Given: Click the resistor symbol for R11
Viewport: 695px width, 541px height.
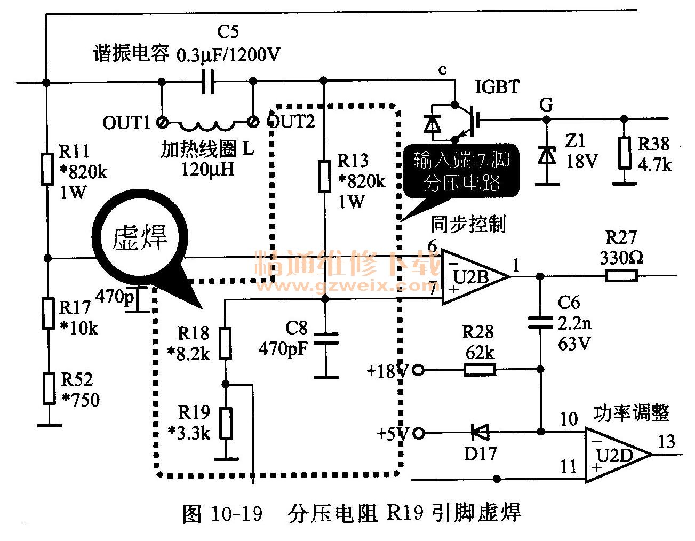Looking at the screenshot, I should [47, 169].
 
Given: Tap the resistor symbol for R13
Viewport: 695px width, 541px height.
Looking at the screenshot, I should [324, 176].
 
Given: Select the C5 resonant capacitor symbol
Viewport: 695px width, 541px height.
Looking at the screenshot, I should [208, 82].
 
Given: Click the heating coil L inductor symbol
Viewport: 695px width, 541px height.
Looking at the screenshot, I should [206, 126].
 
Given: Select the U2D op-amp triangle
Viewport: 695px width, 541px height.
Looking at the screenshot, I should [616, 455].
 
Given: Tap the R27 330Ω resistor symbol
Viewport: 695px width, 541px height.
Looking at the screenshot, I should [621, 276].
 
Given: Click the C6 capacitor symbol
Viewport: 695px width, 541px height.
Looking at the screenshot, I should [540, 322].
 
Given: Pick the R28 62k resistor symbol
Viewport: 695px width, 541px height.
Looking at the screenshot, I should [480, 369].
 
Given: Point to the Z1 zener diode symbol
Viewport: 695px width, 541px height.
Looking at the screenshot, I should [546, 155].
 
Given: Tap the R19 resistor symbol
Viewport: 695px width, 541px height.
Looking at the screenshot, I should [226, 423].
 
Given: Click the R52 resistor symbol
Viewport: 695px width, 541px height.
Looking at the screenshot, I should [49, 388].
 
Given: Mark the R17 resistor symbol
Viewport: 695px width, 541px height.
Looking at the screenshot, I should [49, 314].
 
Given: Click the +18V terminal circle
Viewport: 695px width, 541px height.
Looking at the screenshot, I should [419, 370].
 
